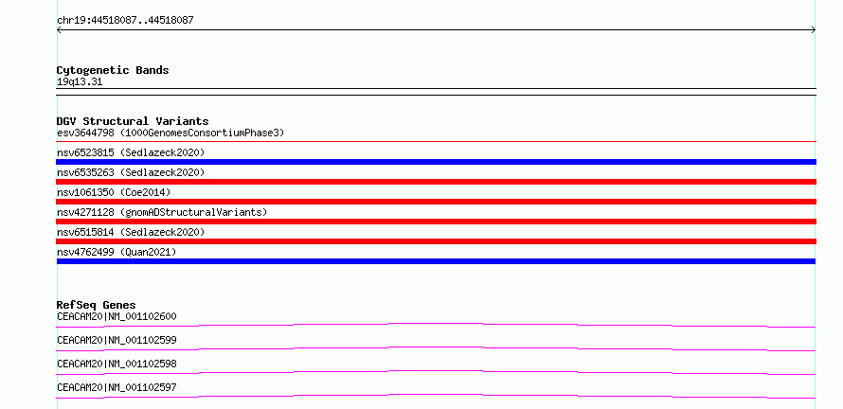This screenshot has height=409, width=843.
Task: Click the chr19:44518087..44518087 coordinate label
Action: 125,21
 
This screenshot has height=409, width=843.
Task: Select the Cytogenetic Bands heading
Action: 113,70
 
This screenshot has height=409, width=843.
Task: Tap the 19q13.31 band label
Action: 80,82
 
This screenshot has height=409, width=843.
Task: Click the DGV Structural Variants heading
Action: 133,121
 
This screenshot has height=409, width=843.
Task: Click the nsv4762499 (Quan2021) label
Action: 117,252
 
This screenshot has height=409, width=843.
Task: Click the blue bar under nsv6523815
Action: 436,162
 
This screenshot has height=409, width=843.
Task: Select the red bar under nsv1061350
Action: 436,202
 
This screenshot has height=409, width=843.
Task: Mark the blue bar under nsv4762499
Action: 436,261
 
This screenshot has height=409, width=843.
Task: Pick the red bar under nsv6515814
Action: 436,241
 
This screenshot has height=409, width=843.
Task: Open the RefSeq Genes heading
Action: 97,305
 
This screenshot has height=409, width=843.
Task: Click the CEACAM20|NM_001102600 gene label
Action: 117,316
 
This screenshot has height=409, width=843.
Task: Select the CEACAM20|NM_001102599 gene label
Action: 117,340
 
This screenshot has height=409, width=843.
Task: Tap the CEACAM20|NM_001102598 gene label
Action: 117,364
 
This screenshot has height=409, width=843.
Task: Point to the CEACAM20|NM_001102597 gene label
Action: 117,387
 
